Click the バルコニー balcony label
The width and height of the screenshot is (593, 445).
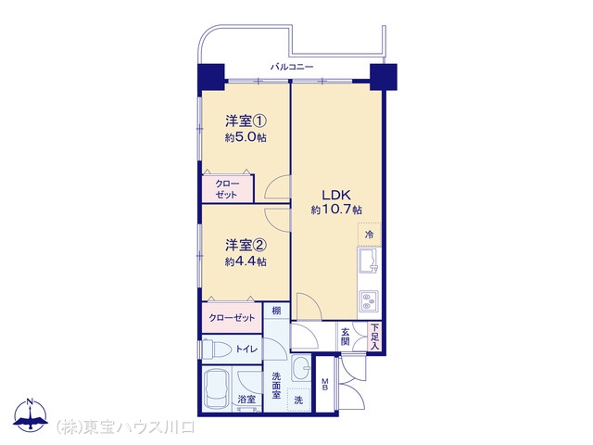tap(292, 68)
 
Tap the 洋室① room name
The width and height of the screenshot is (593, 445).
tap(246, 121)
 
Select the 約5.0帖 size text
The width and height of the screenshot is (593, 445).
tap(246, 138)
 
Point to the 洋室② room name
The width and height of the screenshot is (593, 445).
tap(246, 246)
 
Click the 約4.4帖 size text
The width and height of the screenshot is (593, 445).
tap(246, 262)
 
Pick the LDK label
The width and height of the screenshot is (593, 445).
tap(336, 195)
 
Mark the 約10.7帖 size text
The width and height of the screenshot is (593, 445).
tap(336, 210)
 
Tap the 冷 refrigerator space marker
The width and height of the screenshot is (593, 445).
tap(369, 235)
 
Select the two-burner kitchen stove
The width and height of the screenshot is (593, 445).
tap(368, 301)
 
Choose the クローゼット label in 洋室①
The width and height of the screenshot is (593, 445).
tap(226, 189)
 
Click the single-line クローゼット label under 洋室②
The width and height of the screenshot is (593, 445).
tap(232, 318)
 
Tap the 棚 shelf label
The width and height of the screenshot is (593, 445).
tap(276, 311)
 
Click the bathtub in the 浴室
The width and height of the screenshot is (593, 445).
tap(215, 388)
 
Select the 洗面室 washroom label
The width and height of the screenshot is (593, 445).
tap(276, 386)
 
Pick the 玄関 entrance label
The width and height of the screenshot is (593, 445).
tap(345, 337)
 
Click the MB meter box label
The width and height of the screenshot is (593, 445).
tap(325, 386)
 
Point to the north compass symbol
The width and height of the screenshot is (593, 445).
tap(31, 416)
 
